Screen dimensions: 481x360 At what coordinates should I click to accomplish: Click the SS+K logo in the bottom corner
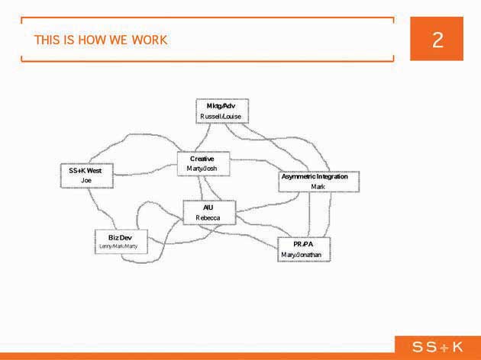click(x=437, y=347)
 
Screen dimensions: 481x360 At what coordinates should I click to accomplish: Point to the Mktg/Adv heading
click(x=221, y=106)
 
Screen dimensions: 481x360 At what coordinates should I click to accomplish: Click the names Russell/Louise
click(x=221, y=117)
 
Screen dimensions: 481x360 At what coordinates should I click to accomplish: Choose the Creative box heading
click(x=202, y=159)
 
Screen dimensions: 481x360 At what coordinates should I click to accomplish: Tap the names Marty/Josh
click(x=202, y=169)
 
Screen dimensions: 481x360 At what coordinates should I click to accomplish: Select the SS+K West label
click(x=86, y=171)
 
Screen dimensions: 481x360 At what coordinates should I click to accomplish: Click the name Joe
click(x=86, y=181)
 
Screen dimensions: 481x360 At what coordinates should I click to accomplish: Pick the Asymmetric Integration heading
click(x=315, y=176)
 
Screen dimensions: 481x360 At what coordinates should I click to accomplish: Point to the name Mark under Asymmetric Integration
click(x=318, y=187)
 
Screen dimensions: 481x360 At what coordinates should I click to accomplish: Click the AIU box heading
click(x=208, y=207)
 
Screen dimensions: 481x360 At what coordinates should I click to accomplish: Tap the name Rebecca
click(x=208, y=218)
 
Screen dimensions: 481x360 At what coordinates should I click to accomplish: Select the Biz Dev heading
click(x=120, y=238)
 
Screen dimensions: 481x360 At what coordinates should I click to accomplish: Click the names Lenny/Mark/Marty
click(x=118, y=246)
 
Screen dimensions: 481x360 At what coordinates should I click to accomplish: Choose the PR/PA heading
click(x=303, y=244)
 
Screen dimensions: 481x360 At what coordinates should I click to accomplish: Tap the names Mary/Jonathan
click(x=302, y=255)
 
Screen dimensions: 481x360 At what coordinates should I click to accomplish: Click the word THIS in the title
click(x=45, y=40)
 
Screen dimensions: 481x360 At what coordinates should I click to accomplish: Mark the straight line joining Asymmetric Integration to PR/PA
click(x=309, y=214)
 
